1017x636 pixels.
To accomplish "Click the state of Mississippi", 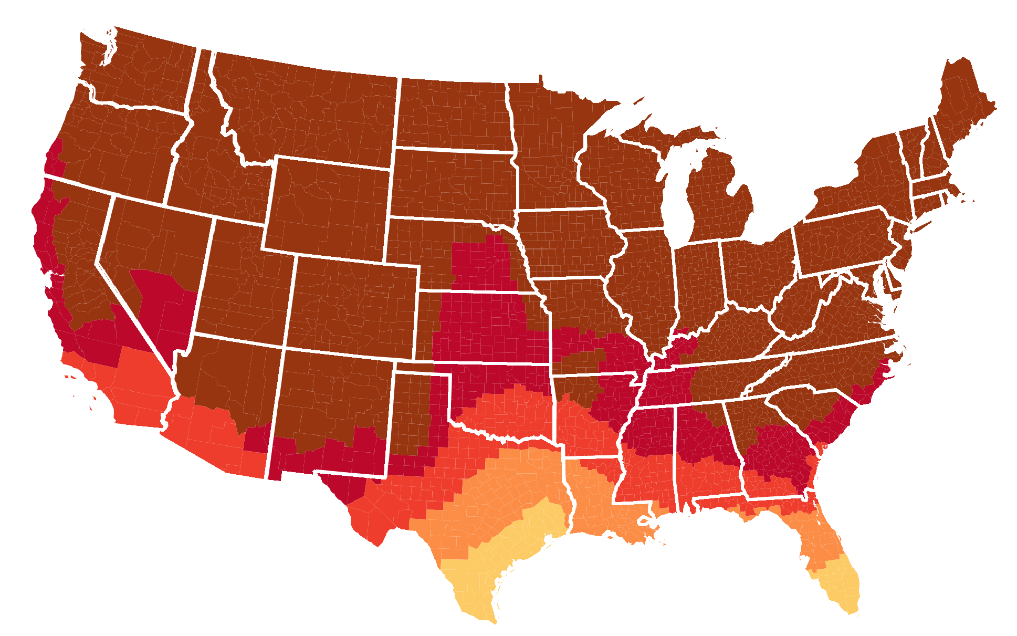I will [646, 452].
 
